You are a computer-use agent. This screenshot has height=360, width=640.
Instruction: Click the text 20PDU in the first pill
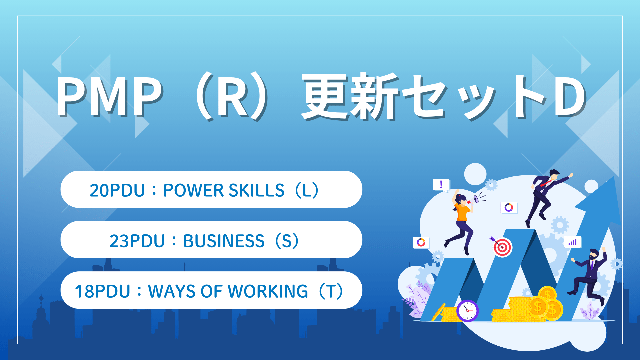(117, 190)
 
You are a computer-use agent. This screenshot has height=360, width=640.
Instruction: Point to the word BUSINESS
(224, 241)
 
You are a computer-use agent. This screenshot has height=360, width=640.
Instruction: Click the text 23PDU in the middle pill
(137, 241)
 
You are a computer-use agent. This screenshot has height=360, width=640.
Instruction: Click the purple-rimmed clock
(467, 311)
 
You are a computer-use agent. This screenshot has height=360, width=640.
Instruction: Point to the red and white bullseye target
(502, 247)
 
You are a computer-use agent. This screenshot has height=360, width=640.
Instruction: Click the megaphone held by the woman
(476, 199)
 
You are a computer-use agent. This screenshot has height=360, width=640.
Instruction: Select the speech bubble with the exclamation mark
(441, 184)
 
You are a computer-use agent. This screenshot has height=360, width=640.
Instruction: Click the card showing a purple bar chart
(572, 242)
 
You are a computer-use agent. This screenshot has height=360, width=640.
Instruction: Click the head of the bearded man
(594, 254)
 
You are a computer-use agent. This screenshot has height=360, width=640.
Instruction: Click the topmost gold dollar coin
(547, 294)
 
